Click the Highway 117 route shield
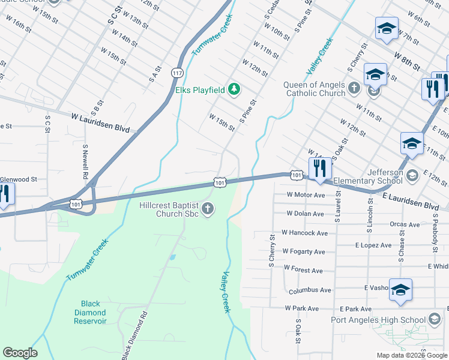tap(176, 73)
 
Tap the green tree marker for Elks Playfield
tap(235, 90)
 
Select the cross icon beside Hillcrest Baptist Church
tap(208, 209)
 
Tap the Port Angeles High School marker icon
tap(435, 319)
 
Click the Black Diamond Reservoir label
tap(90, 313)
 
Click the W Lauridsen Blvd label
tap(100, 118)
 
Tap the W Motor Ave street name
tap(306, 194)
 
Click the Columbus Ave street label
tap(310, 290)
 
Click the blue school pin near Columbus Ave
tap(400, 290)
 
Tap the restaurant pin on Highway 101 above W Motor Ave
tap(319, 168)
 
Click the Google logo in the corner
tap(20, 353)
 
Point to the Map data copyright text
tap(411, 355)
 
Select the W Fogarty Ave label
tap(303, 251)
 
